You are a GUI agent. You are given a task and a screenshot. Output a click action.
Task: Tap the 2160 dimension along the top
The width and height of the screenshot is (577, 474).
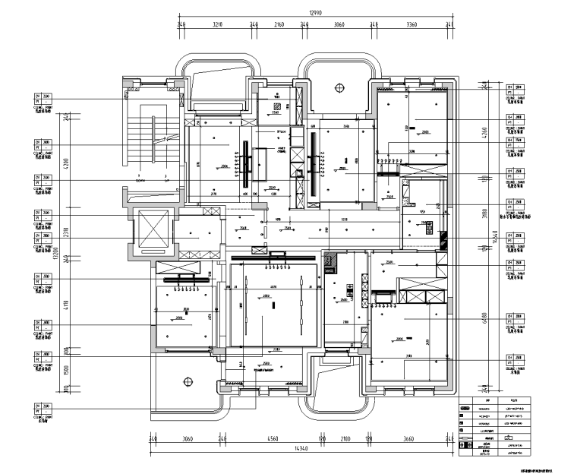[279, 25]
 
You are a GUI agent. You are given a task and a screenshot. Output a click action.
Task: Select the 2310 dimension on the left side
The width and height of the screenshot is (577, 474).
[67, 229]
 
